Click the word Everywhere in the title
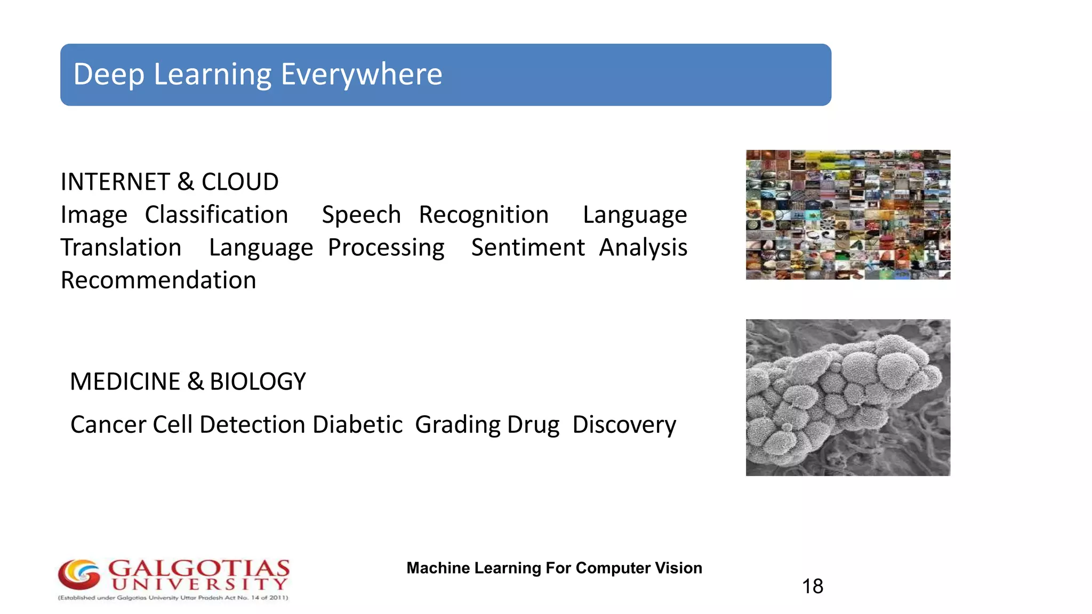click(361, 74)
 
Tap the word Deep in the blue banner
click(109, 74)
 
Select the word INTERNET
click(115, 182)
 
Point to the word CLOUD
click(240, 182)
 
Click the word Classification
click(216, 215)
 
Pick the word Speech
click(361, 215)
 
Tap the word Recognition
click(484, 215)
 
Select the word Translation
click(121, 247)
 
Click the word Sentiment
click(528, 247)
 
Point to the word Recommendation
click(158, 280)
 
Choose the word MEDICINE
click(125, 382)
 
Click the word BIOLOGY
click(258, 382)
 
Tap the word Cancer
click(108, 425)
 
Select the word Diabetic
click(357, 425)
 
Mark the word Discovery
click(624, 425)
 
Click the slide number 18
click(813, 586)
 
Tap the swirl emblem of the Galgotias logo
click(79, 575)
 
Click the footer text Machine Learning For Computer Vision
click(554, 568)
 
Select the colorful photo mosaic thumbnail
click(848, 215)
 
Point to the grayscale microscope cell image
click(848, 398)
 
